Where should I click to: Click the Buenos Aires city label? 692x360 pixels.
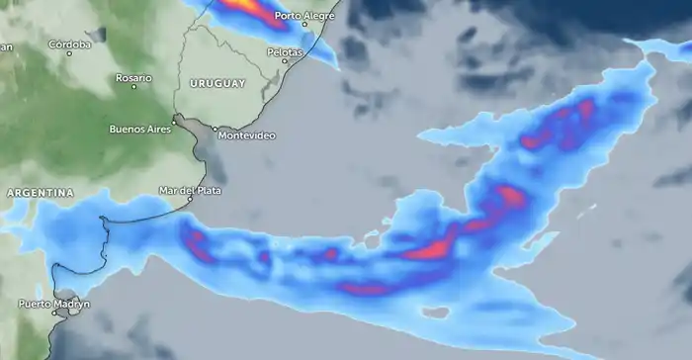[139, 129]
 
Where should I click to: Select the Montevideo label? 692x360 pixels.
[245, 135]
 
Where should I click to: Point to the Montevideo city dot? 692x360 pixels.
[215, 128]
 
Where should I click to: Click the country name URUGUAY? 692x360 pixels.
[217, 84]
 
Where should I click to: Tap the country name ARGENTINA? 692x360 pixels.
[39, 193]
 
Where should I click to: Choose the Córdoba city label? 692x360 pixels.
[69, 44]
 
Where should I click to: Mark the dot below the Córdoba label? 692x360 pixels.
[69, 53]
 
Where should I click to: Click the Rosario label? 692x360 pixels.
[133, 77]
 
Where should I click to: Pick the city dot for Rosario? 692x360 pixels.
[133, 87]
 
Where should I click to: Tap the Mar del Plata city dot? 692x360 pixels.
[191, 200]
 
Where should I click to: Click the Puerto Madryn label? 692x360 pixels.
[53, 304]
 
